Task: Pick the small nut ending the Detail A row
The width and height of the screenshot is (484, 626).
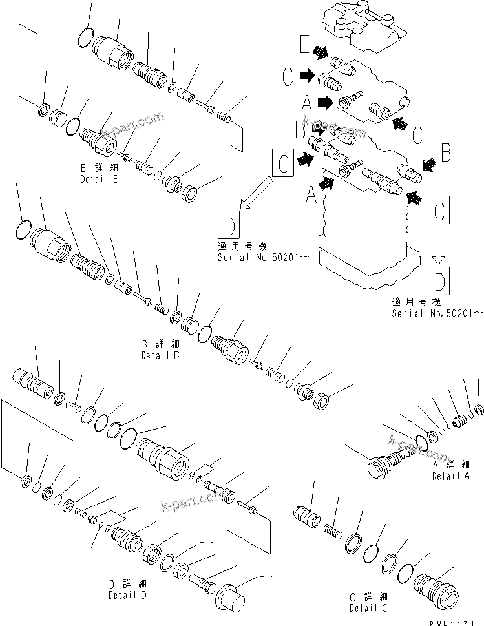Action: point(478,408)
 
